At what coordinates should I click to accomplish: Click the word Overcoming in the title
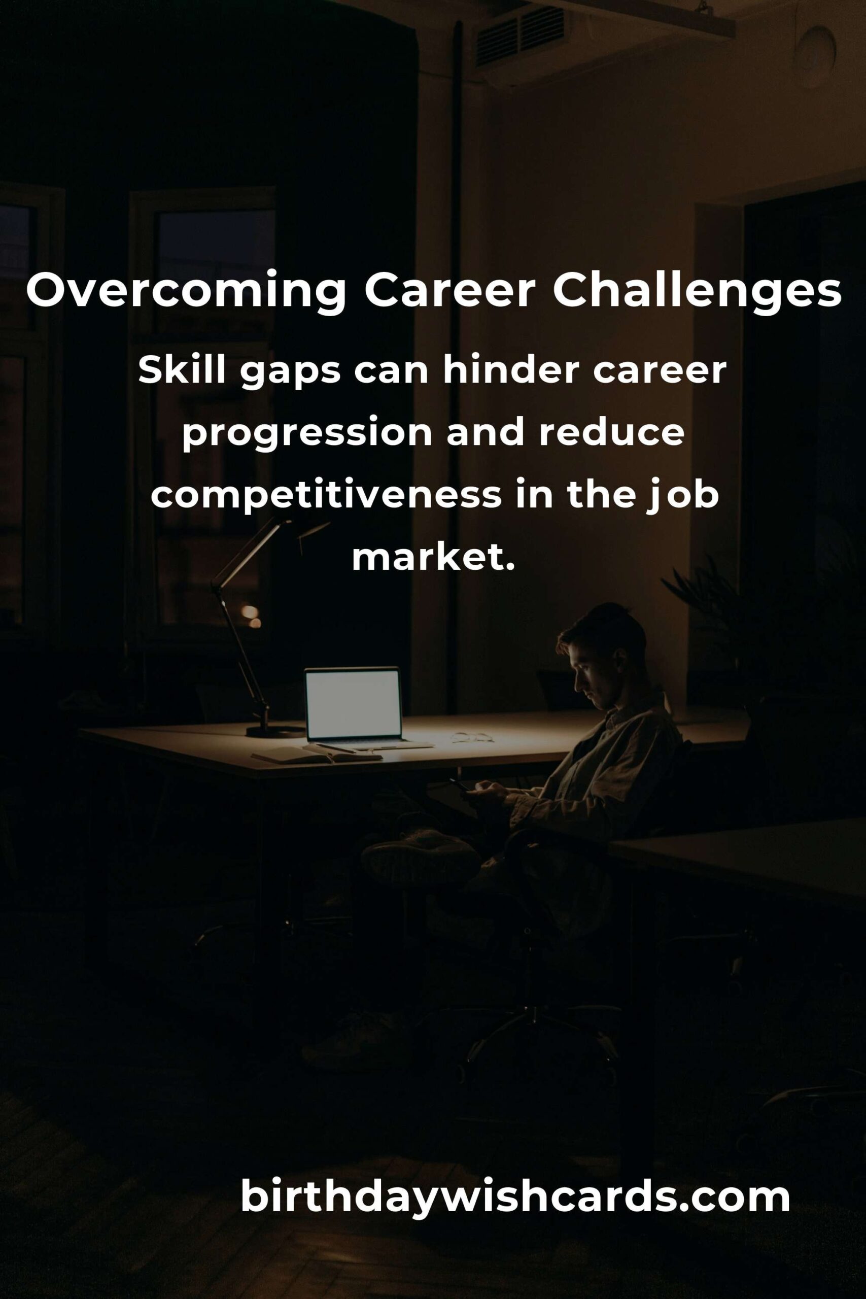187,291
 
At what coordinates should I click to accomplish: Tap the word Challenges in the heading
697,291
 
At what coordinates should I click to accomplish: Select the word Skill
182,370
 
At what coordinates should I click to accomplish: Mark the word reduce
612,432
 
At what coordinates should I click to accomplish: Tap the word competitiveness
326,495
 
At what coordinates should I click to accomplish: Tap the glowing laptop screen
353,704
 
